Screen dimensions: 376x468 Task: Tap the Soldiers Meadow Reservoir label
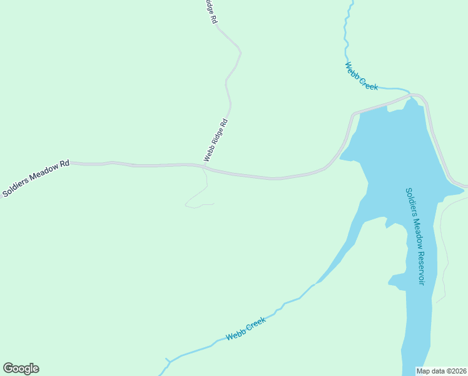pos(414,237)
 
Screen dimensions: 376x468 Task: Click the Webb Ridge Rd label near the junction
pos(215,140)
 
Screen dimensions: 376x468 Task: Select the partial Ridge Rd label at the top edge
pos(211,11)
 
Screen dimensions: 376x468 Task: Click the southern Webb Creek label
pos(246,328)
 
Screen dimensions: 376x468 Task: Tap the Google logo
pos(21,368)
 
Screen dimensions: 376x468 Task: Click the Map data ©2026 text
pos(442,371)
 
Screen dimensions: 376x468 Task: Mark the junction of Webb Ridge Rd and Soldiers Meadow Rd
pos(205,167)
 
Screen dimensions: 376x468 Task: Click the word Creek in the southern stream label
pos(255,324)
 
